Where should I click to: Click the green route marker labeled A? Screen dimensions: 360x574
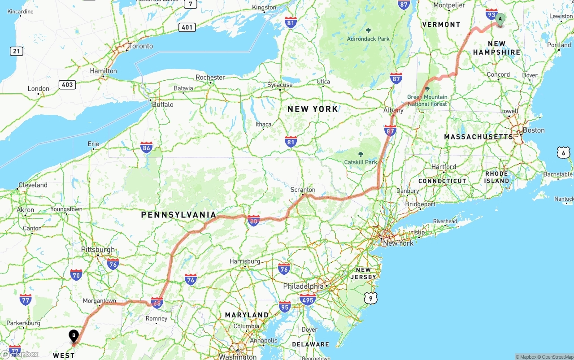coord(500,19)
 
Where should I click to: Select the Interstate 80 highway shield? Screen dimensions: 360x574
coord(254,220)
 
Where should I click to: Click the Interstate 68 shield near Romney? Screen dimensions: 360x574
coord(157,303)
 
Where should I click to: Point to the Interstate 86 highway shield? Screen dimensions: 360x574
coord(146,147)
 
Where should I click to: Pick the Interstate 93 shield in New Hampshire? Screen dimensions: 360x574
coord(491,14)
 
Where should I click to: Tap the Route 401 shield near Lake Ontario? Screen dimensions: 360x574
coord(187,27)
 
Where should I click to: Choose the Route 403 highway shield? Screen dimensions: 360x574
coord(67,85)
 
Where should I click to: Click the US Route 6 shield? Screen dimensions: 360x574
coord(564,153)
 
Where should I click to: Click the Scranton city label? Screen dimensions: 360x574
coord(303,190)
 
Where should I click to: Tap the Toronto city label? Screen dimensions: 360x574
coord(140,46)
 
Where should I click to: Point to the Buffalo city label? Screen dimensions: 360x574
coord(162,104)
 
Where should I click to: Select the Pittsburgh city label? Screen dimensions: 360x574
coord(98,250)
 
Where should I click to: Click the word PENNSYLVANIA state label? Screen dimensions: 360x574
coord(178,215)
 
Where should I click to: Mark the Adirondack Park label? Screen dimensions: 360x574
coord(368,39)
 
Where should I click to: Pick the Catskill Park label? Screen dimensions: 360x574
coord(361,162)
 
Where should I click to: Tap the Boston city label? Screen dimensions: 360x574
coord(534,130)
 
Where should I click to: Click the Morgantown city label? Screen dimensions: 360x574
coord(100,301)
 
